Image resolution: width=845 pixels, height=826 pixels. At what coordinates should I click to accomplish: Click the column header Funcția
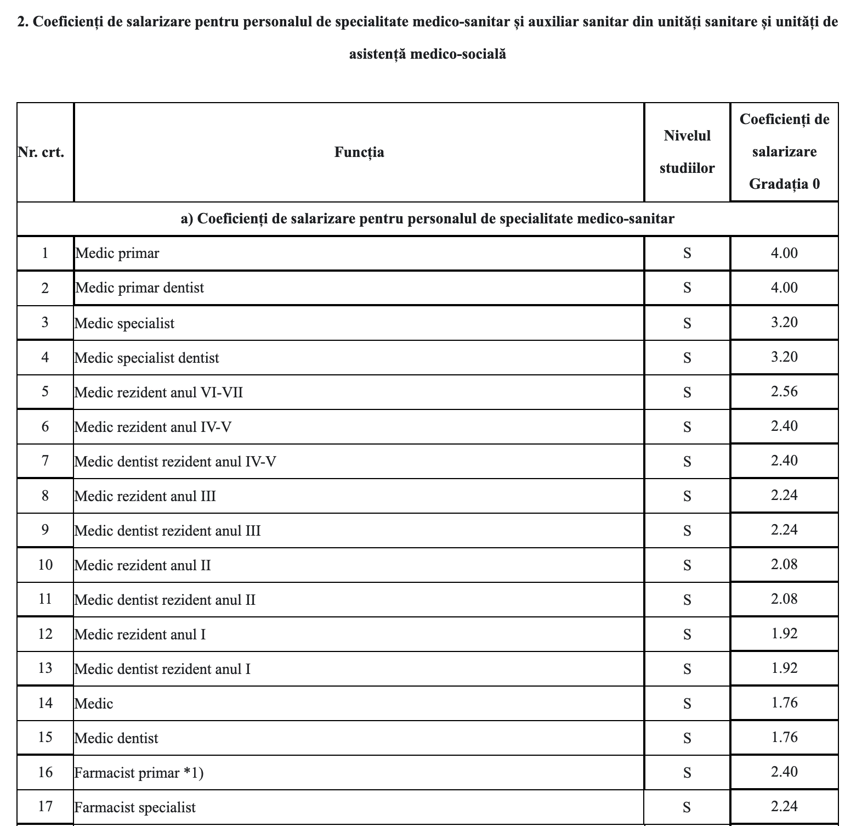(x=359, y=152)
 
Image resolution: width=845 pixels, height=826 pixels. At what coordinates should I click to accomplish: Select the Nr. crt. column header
(x=41, y=152)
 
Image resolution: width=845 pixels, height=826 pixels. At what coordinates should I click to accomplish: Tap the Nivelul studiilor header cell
(x=687, y=152)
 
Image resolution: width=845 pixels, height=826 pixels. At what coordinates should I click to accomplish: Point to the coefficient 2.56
(x=784, y=391)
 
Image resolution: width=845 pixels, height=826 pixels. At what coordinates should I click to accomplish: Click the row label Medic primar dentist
(x=139, y=288)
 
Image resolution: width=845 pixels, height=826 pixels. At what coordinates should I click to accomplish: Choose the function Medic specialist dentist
(x=146, y=358)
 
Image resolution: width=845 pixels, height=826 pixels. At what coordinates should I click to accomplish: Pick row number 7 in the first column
(x=45, y=460)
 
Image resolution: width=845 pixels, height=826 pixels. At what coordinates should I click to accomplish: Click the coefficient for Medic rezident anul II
(x=784, y=564)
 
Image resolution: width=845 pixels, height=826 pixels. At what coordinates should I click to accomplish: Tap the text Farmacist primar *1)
(x=139, y=773)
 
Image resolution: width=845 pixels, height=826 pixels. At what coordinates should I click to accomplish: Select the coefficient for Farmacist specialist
(x=784, y=806)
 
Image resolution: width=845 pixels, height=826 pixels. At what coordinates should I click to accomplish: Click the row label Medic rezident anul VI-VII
(x=158, y=392)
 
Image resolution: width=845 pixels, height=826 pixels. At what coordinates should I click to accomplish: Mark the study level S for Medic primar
(x=687, y=253)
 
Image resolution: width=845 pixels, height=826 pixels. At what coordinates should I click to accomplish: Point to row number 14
(x=45, y=703)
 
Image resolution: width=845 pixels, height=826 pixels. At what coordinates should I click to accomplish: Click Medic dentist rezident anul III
(x=167, y=531)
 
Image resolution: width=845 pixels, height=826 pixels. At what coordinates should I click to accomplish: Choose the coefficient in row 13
(x=784, y=668)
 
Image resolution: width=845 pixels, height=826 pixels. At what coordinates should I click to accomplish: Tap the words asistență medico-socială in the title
(x=427, y=54)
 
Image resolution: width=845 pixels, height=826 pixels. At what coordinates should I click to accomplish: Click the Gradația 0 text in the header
(x=784, y=183)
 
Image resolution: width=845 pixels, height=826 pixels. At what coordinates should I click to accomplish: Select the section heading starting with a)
(x=427, y=219)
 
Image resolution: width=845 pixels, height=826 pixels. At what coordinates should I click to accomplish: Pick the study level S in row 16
(x=687, y=773)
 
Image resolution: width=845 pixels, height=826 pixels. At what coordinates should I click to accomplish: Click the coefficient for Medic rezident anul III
(x=784, y=495)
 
